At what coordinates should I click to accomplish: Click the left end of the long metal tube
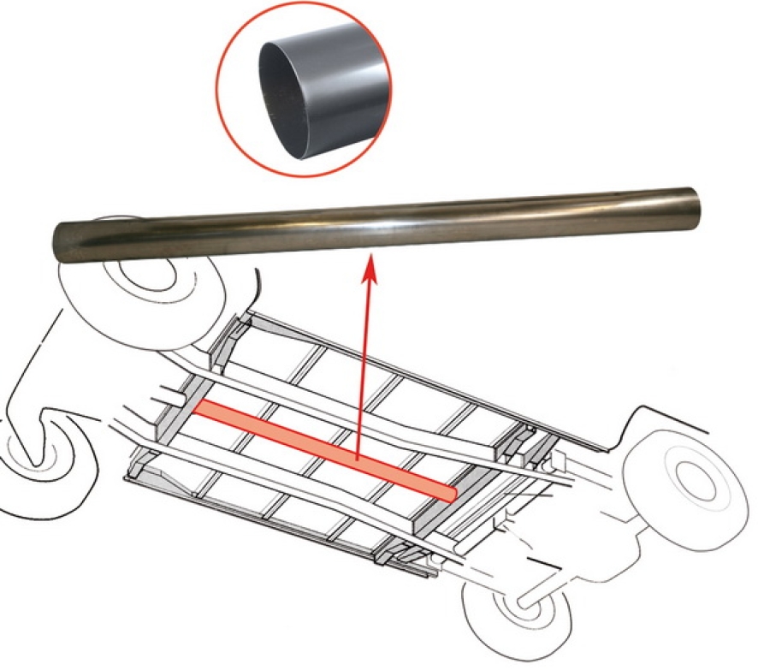pyautogui.click(x=64, y=242)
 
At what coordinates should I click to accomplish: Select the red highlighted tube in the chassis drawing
pyautogui.click(x=325, y=447)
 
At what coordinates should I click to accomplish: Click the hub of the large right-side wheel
pyautogui.click(x=691, y=476)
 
